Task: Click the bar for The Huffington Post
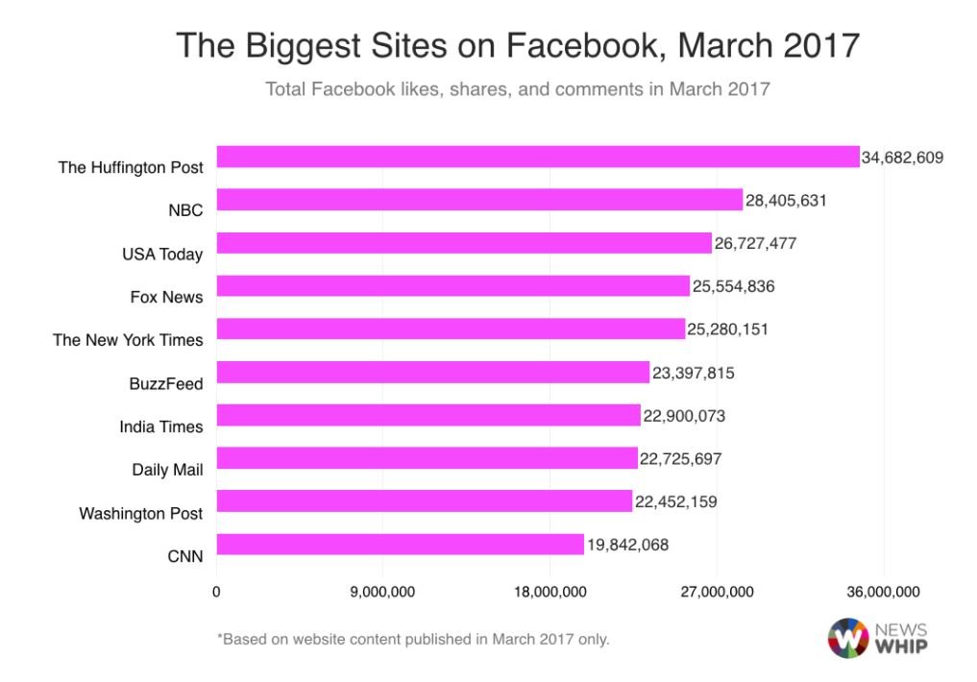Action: point(538,157)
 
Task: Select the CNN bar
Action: point(400,544)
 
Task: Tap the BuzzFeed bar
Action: point(433,372)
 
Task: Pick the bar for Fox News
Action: point(453,286)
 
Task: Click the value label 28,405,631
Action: point(786,201)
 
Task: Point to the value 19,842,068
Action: point(627,545)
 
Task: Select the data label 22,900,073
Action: point(684,416)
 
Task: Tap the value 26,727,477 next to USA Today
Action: point(755,244)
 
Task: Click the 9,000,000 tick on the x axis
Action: point(382,592)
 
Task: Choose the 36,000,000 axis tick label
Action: point(883,592)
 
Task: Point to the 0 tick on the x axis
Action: point(216,592)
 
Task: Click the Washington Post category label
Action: point(141,514)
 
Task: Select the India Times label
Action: point(161,426)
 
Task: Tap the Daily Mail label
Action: point(167,470)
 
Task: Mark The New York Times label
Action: point(128,340)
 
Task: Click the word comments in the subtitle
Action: point(598,89)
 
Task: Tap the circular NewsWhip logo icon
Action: point(848,638)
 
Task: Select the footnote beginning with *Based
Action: point(413,640)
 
